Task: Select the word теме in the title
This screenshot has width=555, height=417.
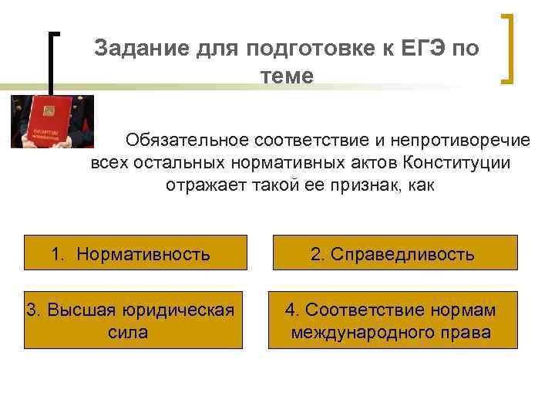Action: [x=288, y=76]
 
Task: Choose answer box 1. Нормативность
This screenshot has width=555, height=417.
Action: [x=135, y=253]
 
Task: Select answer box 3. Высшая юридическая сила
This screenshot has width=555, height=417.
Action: [x=135, y=320]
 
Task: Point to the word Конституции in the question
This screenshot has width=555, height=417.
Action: [x=456, y=162]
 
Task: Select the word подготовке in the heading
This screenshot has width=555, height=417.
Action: [x=308, y=48]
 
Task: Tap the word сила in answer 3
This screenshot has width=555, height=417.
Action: [x=129, y=332]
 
